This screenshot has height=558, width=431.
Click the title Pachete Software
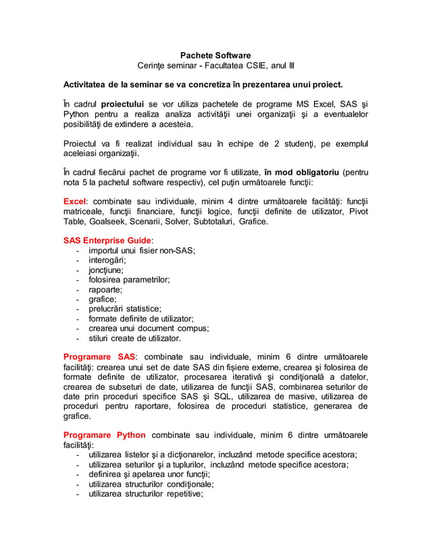[x=215, y=55]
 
